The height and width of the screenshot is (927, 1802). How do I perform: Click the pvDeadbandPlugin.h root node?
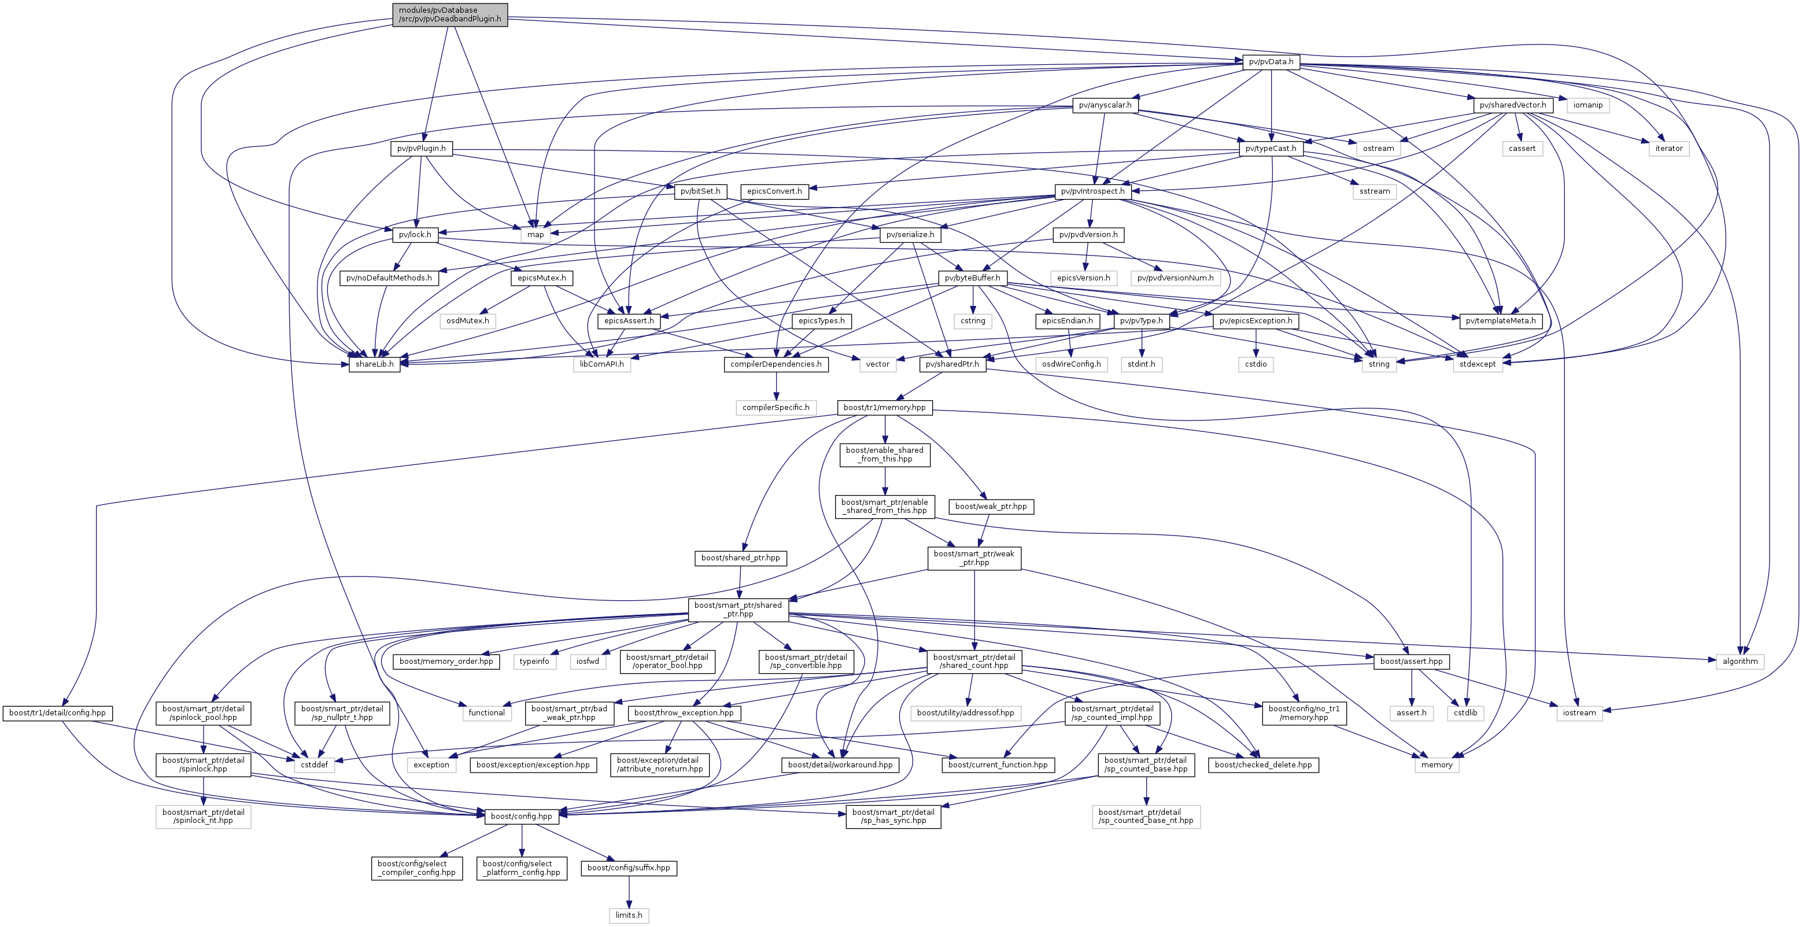tap(450, 14)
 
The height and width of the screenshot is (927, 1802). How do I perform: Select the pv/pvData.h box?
tap(1271, 61)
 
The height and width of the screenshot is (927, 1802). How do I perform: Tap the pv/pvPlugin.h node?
tap(421, 148)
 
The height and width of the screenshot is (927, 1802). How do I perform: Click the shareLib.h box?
tap(374, 364)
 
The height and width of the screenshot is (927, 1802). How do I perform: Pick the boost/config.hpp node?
tap(521, 816)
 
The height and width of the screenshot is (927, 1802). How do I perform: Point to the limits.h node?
tap(629, 915)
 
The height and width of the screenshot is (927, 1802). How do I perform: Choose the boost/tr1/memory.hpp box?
tap(884, 407)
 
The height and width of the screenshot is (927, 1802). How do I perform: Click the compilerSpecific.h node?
tap(776, 407)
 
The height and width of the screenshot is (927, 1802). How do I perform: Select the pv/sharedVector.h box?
tap(1513, 105)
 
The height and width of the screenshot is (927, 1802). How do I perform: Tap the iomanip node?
tap(1588, 105)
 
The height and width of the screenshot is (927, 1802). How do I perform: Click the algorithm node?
tap(1740, 661)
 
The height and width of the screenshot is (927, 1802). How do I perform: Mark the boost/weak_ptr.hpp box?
tap(991, 506)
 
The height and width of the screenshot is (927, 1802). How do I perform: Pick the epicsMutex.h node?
tap(542, 278)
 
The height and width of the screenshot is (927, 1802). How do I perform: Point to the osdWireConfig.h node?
tap(1071, 364)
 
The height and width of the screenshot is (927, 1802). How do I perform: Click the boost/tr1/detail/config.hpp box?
tap(57, 713)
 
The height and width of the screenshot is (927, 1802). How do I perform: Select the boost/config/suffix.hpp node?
tap(629, 867)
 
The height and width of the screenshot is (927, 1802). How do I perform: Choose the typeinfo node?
tap(534, 661)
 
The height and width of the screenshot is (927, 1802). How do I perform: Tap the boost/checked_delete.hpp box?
tap(1264, 765)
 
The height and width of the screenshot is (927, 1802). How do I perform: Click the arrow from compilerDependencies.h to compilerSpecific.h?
tap(776, 386)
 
